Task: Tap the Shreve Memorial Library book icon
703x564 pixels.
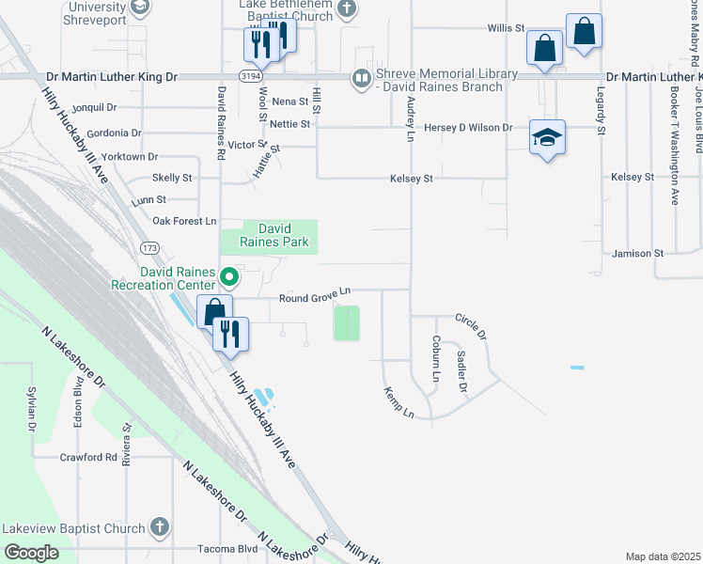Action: [x=361, y=80]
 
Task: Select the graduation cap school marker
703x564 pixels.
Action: [x=547, y=139]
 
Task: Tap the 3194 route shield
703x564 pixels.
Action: [x=249, y=73]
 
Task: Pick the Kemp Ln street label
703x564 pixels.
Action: [x=398, y=401]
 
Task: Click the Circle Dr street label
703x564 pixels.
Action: [x=471, y=327]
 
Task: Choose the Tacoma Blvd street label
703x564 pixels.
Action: [x=227, y=549]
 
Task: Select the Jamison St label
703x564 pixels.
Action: [x=637, y=254]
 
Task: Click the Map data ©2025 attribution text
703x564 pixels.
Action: [x=663, y=556]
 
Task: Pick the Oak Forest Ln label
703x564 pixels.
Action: [x=184, y=221]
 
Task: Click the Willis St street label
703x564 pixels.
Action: [x=506, y=29]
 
